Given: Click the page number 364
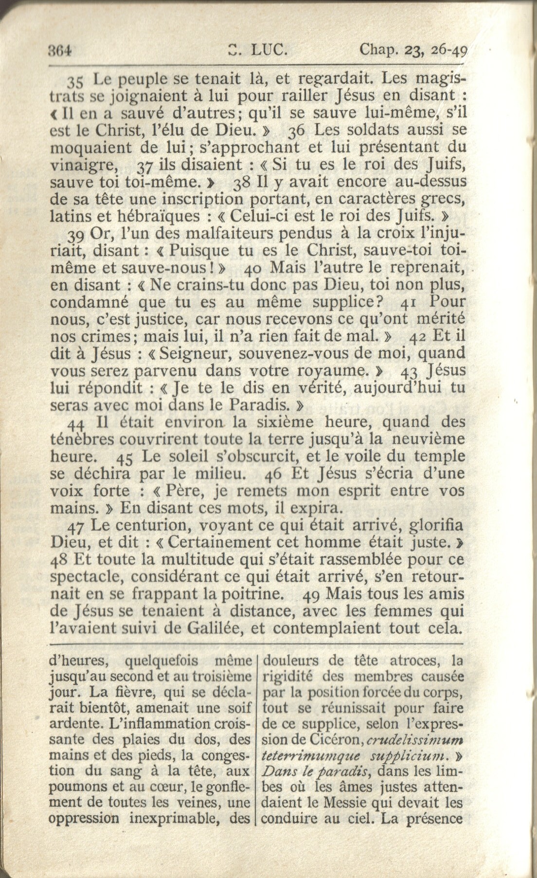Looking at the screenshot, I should pyautogui.click(x=60, y=49).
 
